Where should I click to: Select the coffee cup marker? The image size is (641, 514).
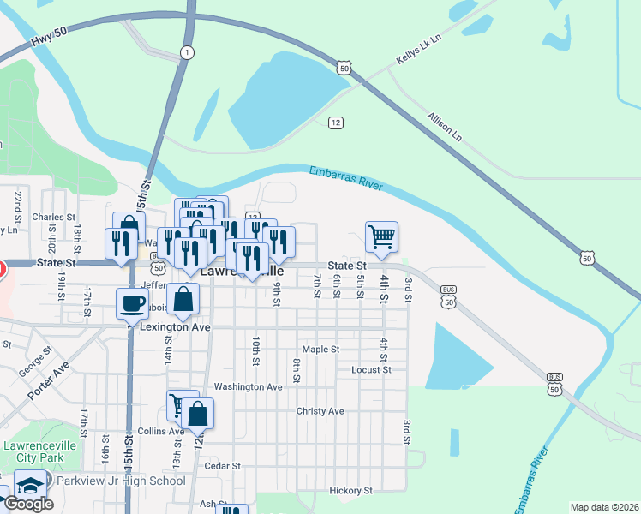pos(134,303)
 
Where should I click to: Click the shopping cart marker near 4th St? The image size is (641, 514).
pos(381,236)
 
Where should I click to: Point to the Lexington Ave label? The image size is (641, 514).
pos(176,328)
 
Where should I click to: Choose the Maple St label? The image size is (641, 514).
pos(321,350)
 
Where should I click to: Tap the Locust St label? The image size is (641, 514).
pos(371,370)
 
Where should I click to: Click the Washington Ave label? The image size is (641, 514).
pos(248,387)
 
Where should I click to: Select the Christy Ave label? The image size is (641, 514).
pos(320,411)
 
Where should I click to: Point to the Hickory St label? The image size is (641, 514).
pos(351,491)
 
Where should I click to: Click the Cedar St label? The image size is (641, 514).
pos(224,466)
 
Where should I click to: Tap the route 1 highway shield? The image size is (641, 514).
pos(186,53)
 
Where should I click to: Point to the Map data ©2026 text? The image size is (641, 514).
pos(604,507)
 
